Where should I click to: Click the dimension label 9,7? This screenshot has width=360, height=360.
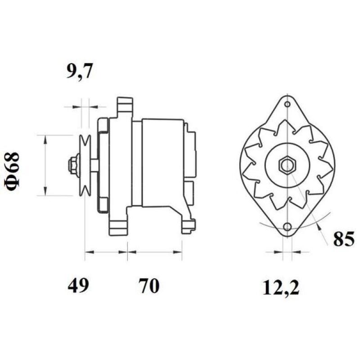79,72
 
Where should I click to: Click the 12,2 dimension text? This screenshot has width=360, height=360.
281,287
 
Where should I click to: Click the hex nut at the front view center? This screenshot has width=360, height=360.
287,165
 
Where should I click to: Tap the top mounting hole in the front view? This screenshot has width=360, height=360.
287,104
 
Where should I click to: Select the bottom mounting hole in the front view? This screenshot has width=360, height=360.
287,226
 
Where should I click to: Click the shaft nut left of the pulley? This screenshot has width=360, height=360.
72,165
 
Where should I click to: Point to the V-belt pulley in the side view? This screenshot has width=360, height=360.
84,165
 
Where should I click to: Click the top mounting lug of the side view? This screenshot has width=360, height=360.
125,106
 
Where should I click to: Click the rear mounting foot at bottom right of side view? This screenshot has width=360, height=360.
188,225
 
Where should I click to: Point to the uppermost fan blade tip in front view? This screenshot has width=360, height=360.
283,122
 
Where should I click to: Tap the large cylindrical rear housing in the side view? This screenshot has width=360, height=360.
162,162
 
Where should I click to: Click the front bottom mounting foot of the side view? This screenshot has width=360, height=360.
118,225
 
